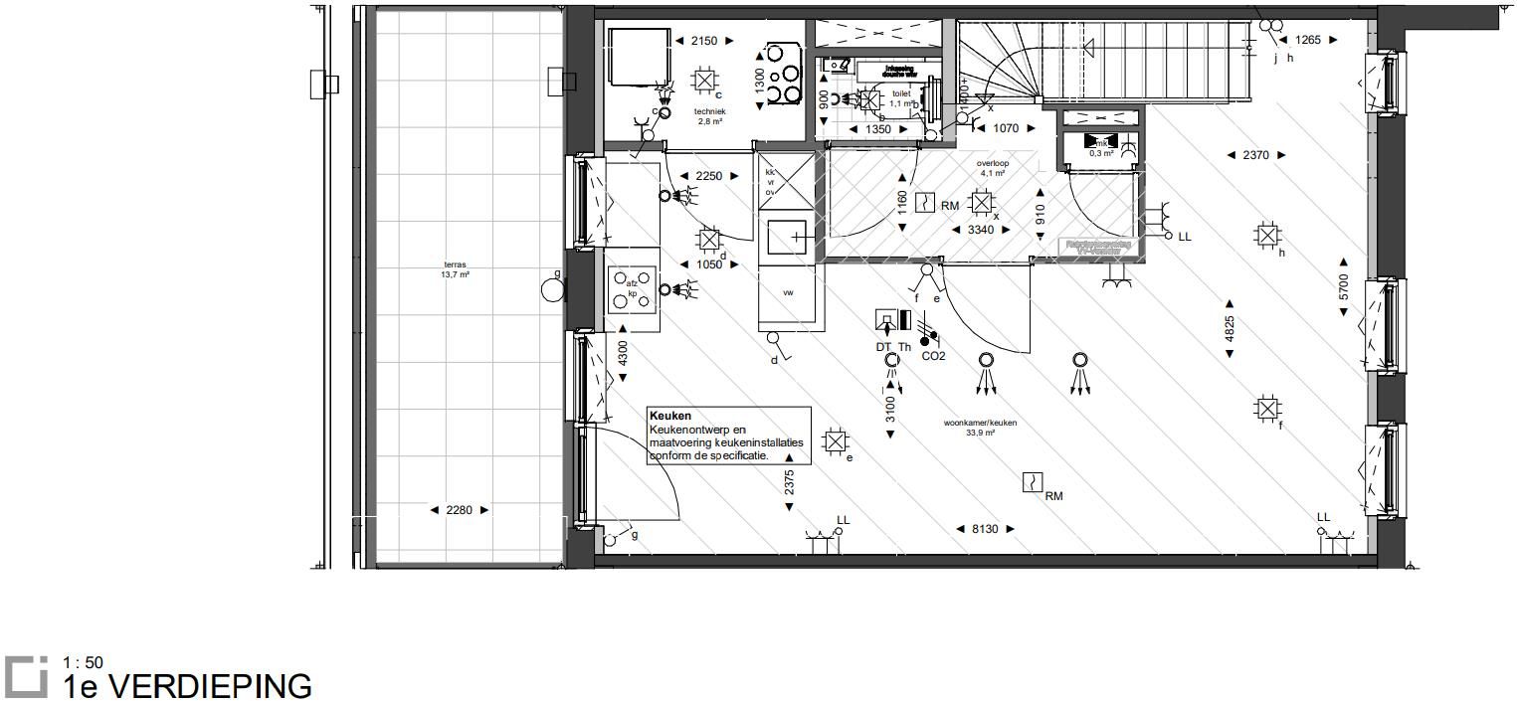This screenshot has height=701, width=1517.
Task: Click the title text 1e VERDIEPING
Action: [187, 686]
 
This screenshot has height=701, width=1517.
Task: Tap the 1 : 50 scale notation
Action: [82, 662]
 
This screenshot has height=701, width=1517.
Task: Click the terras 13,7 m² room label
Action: [456, 268]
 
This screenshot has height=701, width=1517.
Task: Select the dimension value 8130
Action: [984, 530]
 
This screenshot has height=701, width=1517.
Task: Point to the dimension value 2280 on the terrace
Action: [459, 510]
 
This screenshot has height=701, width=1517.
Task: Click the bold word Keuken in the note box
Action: [669, 417]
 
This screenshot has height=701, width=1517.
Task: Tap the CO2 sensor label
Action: [933, 355]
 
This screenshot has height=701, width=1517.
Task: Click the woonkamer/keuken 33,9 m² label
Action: [980, 428]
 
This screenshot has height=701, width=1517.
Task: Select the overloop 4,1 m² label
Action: [993, 167]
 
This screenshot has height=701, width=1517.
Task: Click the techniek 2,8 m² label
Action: [710, 116]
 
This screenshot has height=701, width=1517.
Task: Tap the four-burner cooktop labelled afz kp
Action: [632, 289]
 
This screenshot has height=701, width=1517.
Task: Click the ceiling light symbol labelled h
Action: [1266, 236]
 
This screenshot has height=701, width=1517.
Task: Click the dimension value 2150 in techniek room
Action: [703, 41]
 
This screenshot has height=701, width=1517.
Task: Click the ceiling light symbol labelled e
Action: [836, 441]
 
